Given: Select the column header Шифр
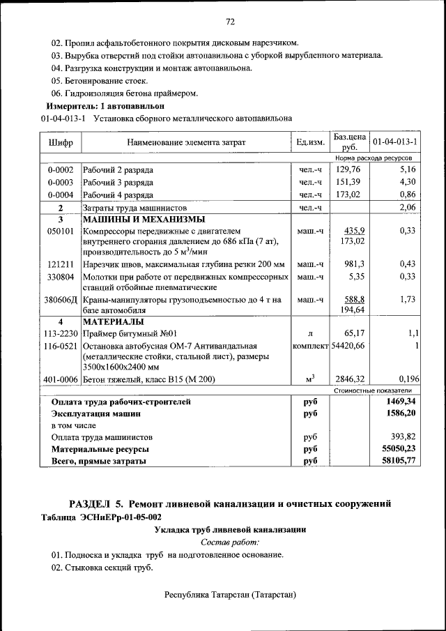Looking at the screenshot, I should click(61, 142).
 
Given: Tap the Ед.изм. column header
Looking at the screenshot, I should click(310, 142).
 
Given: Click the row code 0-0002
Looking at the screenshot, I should click(61, 169).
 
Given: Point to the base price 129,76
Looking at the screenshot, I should click(348, 169).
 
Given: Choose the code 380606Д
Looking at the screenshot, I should click(61, 299).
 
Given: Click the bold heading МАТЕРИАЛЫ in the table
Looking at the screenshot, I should click(114, 322).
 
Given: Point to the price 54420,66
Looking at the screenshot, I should click(348, 346).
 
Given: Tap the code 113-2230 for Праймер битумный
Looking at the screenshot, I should click(61, 334).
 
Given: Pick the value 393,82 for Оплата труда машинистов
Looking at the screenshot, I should click(400, 437).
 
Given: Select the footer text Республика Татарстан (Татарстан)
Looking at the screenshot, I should click(230, 595).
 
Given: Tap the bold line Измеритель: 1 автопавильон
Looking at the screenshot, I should click(105, 105).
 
